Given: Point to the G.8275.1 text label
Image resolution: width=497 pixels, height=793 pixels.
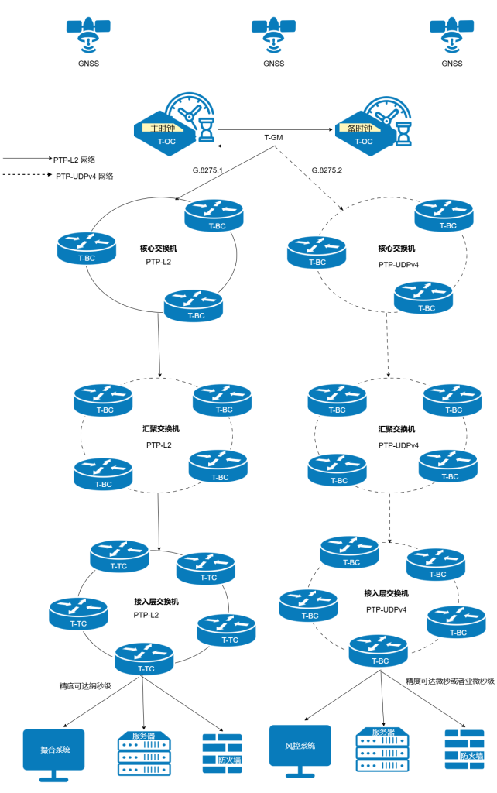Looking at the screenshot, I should coord(207,170).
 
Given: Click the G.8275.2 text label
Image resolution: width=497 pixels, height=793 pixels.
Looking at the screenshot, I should coord(327,170).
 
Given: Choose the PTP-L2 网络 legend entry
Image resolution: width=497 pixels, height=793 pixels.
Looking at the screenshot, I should coord(74,159).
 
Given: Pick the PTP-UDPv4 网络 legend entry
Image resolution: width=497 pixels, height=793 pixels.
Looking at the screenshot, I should coord(84,176).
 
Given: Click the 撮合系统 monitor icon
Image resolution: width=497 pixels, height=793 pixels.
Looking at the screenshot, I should coord(56,751).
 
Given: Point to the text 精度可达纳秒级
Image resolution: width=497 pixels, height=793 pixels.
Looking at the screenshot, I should coord(85,685).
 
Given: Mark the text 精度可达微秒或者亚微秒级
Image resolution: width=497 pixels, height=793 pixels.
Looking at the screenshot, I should coord(450,681).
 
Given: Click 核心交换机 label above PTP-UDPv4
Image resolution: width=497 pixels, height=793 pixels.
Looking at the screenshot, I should coord(396,249).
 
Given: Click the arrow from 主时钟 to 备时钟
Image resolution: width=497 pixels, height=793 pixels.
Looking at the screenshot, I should coord(276,129).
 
